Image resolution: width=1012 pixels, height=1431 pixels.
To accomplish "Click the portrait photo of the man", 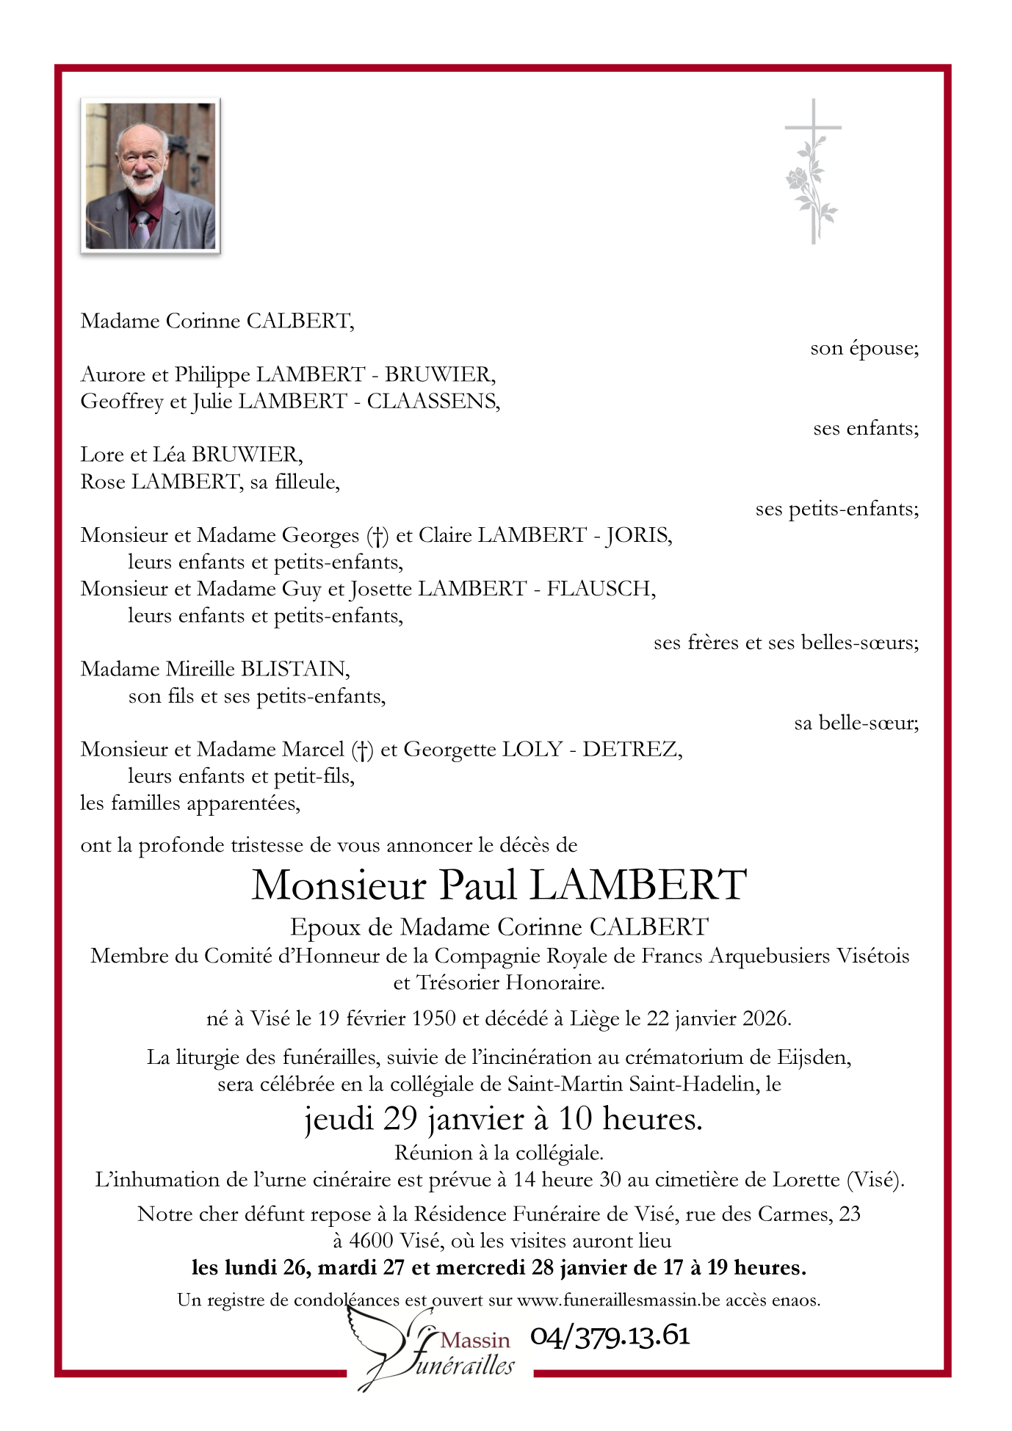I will click(151, 176).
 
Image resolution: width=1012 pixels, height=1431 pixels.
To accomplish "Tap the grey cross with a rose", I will click(812, 171).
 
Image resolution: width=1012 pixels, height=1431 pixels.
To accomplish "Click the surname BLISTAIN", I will click(294, 669).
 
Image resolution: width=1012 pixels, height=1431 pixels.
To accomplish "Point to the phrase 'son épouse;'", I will click(864, 348).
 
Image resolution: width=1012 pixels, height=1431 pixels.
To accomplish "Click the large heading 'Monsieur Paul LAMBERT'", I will click(499, 885).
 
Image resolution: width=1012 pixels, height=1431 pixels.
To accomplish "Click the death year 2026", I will click(765, 1019).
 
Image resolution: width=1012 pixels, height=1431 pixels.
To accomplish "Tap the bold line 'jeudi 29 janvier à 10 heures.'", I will click(504, 1118).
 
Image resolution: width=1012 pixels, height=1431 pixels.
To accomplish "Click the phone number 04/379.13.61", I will click(610, 1336).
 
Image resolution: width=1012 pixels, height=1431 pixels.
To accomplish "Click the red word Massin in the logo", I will click(475, 1340).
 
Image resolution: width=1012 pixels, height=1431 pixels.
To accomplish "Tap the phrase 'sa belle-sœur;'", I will click(856, 723).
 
